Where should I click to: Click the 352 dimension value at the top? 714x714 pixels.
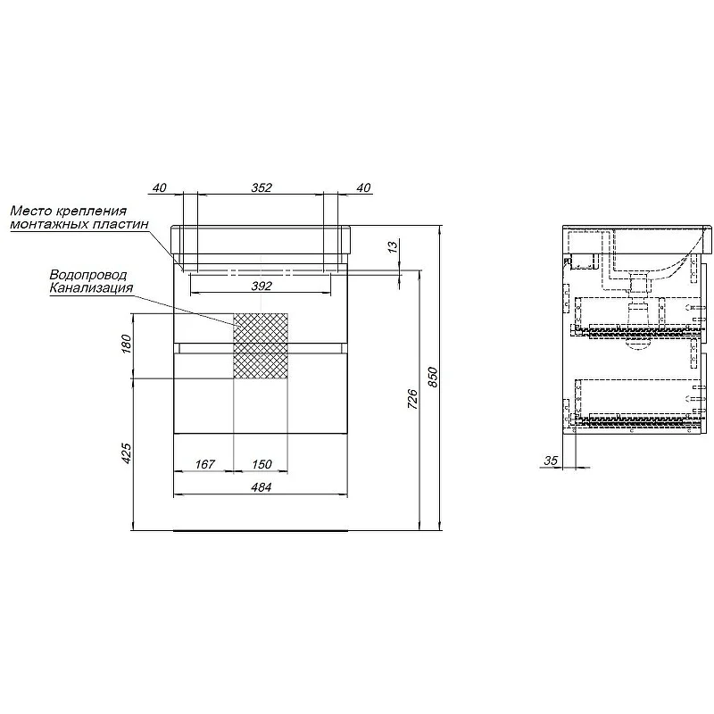pos(262,187)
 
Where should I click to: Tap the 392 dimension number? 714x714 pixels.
pos(262,286)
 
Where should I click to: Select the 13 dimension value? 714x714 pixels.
pos(393,246)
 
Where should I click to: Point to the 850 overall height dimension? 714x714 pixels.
pos(433,377)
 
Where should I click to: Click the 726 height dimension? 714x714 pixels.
pos(412,398)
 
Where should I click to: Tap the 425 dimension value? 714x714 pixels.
pos(126,453)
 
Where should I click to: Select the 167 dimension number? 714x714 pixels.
pos(205,464)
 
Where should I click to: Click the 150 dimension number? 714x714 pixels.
pos(262,464)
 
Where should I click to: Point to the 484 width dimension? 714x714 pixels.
pos(261,487)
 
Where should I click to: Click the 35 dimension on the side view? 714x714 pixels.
pos(551,461)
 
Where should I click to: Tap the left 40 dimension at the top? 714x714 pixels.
pos(160,187)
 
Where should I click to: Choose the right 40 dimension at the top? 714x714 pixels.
pos(364,187)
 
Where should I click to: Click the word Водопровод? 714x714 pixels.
pos(87,275)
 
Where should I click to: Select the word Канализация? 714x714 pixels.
pos(91,287)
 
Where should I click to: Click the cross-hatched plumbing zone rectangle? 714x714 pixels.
pos(261,345)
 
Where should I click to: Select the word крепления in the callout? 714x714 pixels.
pos(91,212)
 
